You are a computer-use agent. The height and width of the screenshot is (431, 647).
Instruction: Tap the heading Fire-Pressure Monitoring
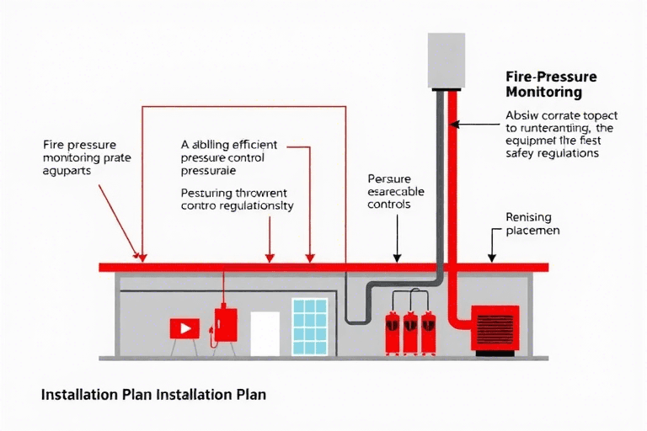coord(551,82)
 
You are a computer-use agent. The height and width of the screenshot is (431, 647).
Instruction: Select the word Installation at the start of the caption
coord(73,393)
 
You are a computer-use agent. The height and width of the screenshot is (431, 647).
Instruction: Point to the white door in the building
coord(265,333)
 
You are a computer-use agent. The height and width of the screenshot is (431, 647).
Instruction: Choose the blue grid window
coord(309,326)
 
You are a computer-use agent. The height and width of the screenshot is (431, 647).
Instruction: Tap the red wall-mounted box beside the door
coord(224,322)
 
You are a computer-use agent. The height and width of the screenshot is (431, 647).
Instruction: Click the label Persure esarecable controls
coord(396,191)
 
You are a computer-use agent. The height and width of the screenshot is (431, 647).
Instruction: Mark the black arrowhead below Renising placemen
coord(493,258)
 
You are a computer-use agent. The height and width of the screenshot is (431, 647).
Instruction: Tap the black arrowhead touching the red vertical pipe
coord(454,124)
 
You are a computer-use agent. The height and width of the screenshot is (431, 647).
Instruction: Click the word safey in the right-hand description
coord(520,154)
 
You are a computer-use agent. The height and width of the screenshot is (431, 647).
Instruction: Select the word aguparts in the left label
coord(66,169)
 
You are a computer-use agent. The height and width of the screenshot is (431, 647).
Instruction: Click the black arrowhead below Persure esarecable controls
coord(396,258)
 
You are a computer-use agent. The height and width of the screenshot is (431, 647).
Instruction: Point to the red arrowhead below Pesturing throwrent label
coord(270,257)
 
